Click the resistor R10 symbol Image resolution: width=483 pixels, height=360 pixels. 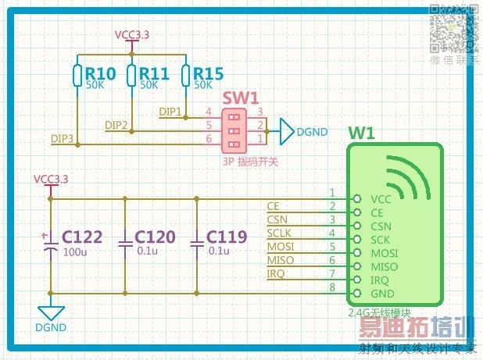point(77,74)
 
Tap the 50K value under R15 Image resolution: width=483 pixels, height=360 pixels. point(203,84)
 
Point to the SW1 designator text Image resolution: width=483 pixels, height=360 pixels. point(241,98)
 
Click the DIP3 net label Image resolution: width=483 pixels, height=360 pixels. point(63,138)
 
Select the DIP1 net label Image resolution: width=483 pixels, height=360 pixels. point(170,112)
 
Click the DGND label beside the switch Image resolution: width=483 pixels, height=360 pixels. point(312,132)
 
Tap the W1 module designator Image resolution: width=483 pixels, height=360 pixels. point(362,133)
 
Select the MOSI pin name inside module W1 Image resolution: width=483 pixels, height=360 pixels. point(384,253)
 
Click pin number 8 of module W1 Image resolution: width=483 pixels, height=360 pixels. point(331,288)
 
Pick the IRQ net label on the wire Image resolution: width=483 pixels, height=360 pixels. point(276,273)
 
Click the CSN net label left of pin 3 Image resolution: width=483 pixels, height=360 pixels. point(277,219)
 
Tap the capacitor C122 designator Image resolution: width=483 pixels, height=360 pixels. point(82,237)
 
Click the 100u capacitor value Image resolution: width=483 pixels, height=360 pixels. point(74,251)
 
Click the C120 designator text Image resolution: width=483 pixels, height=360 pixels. point(156,237)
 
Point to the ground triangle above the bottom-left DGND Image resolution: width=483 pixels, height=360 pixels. point(52,312)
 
